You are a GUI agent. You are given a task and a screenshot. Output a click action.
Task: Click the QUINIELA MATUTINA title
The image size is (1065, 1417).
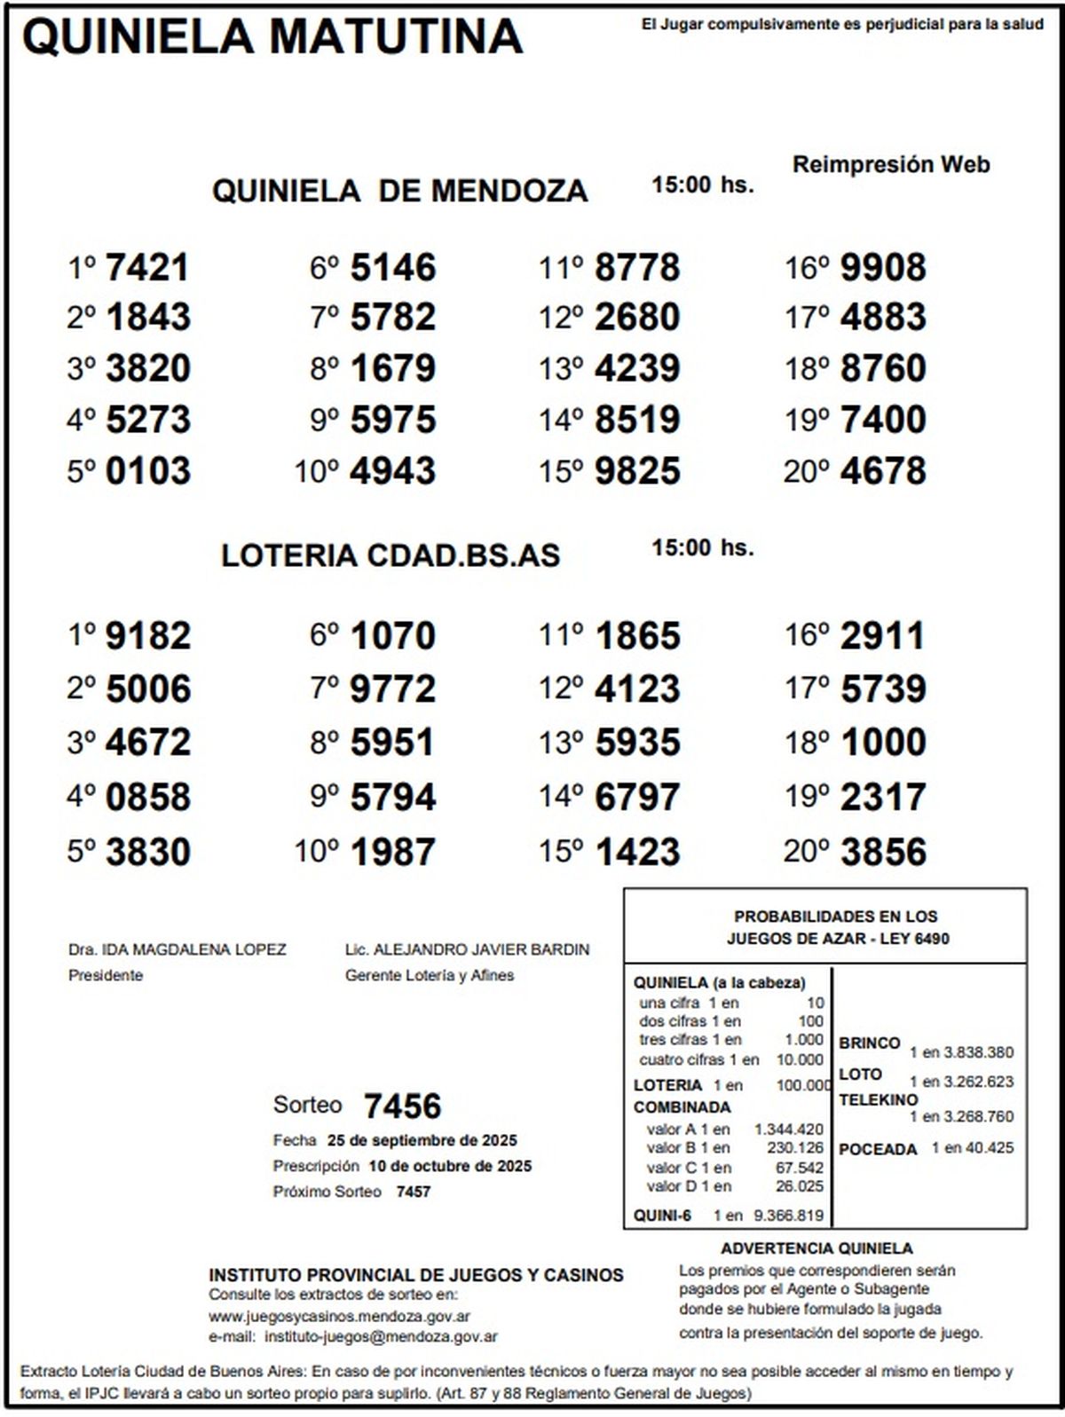[272, 37]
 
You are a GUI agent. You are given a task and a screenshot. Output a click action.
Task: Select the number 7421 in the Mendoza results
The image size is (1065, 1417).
[147, 267]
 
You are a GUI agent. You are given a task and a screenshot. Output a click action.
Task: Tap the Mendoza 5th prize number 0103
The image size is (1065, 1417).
[147, 471]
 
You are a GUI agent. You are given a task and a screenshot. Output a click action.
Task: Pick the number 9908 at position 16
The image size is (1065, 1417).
[882, 267]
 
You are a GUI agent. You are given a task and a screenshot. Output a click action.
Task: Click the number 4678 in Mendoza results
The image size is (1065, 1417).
[882, 471]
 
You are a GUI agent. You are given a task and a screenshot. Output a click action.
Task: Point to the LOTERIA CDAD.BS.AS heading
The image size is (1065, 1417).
[390, 555]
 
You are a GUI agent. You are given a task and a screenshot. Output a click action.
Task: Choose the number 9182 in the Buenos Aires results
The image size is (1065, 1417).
[147, 636]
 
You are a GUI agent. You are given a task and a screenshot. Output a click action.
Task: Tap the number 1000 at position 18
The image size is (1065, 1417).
[882, 743]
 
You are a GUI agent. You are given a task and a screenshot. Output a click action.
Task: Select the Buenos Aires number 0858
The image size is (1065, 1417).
[147, 797]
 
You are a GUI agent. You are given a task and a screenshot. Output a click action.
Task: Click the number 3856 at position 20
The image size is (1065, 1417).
[882, 852]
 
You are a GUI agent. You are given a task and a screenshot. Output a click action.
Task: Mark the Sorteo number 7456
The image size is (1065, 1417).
[402, 1106]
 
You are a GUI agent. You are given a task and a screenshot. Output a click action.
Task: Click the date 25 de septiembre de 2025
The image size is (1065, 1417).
[422, 1141]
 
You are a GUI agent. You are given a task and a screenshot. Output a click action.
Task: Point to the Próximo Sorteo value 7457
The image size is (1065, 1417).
[414, 1192]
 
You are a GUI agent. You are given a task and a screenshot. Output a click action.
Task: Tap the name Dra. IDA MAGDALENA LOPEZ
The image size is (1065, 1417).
[177, 949]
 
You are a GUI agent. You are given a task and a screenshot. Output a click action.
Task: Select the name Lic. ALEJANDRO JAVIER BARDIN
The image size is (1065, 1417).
[467, 949]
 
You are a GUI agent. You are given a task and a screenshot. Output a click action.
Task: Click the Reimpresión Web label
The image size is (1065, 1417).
[890, 164]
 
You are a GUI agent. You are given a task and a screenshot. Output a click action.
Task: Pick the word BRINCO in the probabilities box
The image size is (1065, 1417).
[870, 1043]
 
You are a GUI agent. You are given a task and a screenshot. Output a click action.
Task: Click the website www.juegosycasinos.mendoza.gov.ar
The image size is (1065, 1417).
[339, 1317]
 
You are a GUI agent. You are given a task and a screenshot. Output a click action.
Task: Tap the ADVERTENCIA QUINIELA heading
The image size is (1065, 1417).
[816, 1248]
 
